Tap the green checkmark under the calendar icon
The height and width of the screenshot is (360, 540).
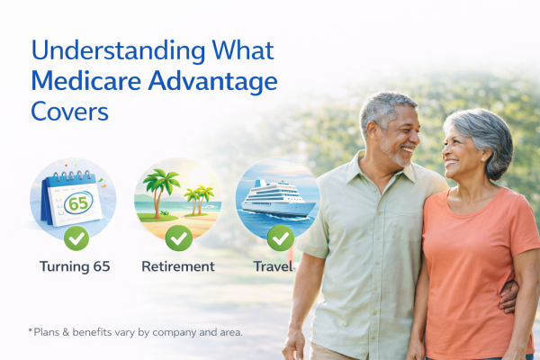[76, 238]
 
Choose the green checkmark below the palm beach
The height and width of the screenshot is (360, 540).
[178, 238]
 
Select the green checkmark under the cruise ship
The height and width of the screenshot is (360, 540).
[279, 238]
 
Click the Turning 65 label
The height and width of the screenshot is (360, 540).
[76, 266]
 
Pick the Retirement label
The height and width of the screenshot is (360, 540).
[178, 266]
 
